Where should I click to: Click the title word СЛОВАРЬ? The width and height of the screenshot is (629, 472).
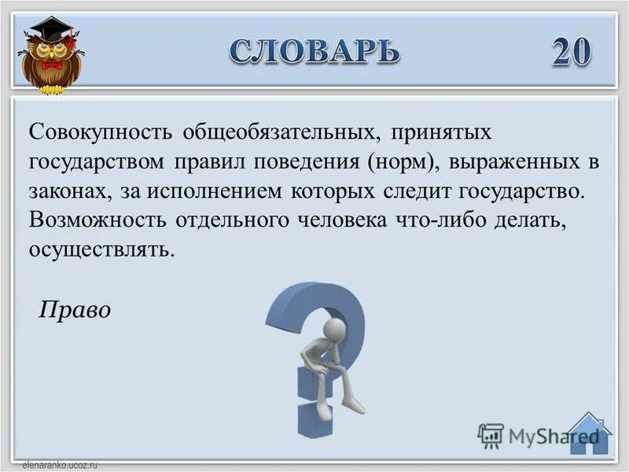314,51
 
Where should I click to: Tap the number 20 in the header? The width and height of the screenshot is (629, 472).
571,52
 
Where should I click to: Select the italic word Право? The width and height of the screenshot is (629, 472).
75,311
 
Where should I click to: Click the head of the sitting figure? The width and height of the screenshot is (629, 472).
335,328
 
